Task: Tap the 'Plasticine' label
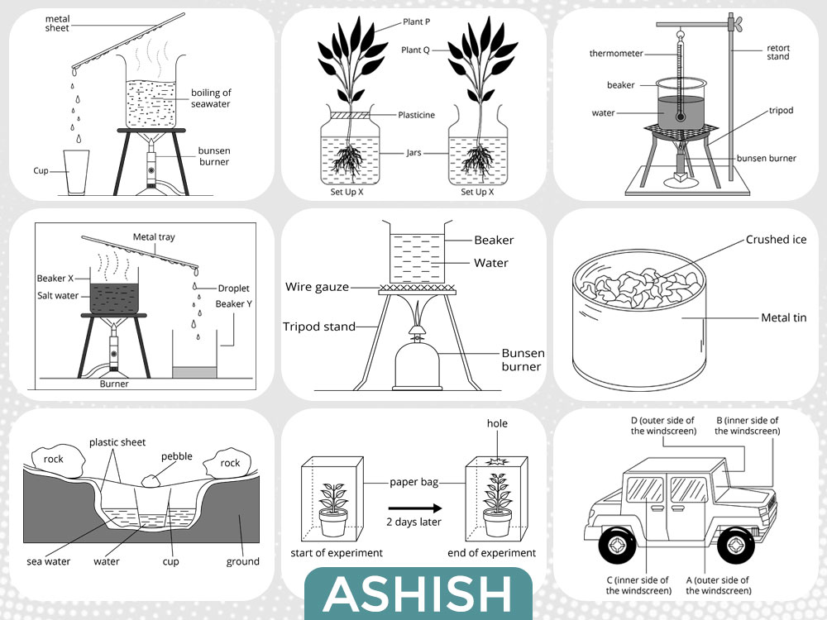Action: (416, 115)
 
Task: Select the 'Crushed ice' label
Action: (776, 240)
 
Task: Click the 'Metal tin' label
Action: (784, 318)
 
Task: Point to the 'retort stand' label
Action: (778, 52)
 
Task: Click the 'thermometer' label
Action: (616, 53)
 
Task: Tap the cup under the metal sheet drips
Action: (76, 173)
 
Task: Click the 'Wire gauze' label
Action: (317, 287)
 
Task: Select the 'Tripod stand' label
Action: (319, 327)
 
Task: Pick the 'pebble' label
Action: (177, 456)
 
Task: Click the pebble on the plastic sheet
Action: (152, 480)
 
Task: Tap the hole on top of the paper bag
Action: (496, 462)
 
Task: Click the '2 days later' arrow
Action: (415, 508)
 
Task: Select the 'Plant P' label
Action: (416, 21)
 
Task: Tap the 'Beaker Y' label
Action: (234, 303)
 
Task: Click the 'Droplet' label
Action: (234, 289)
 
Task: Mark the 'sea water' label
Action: (49, 562)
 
